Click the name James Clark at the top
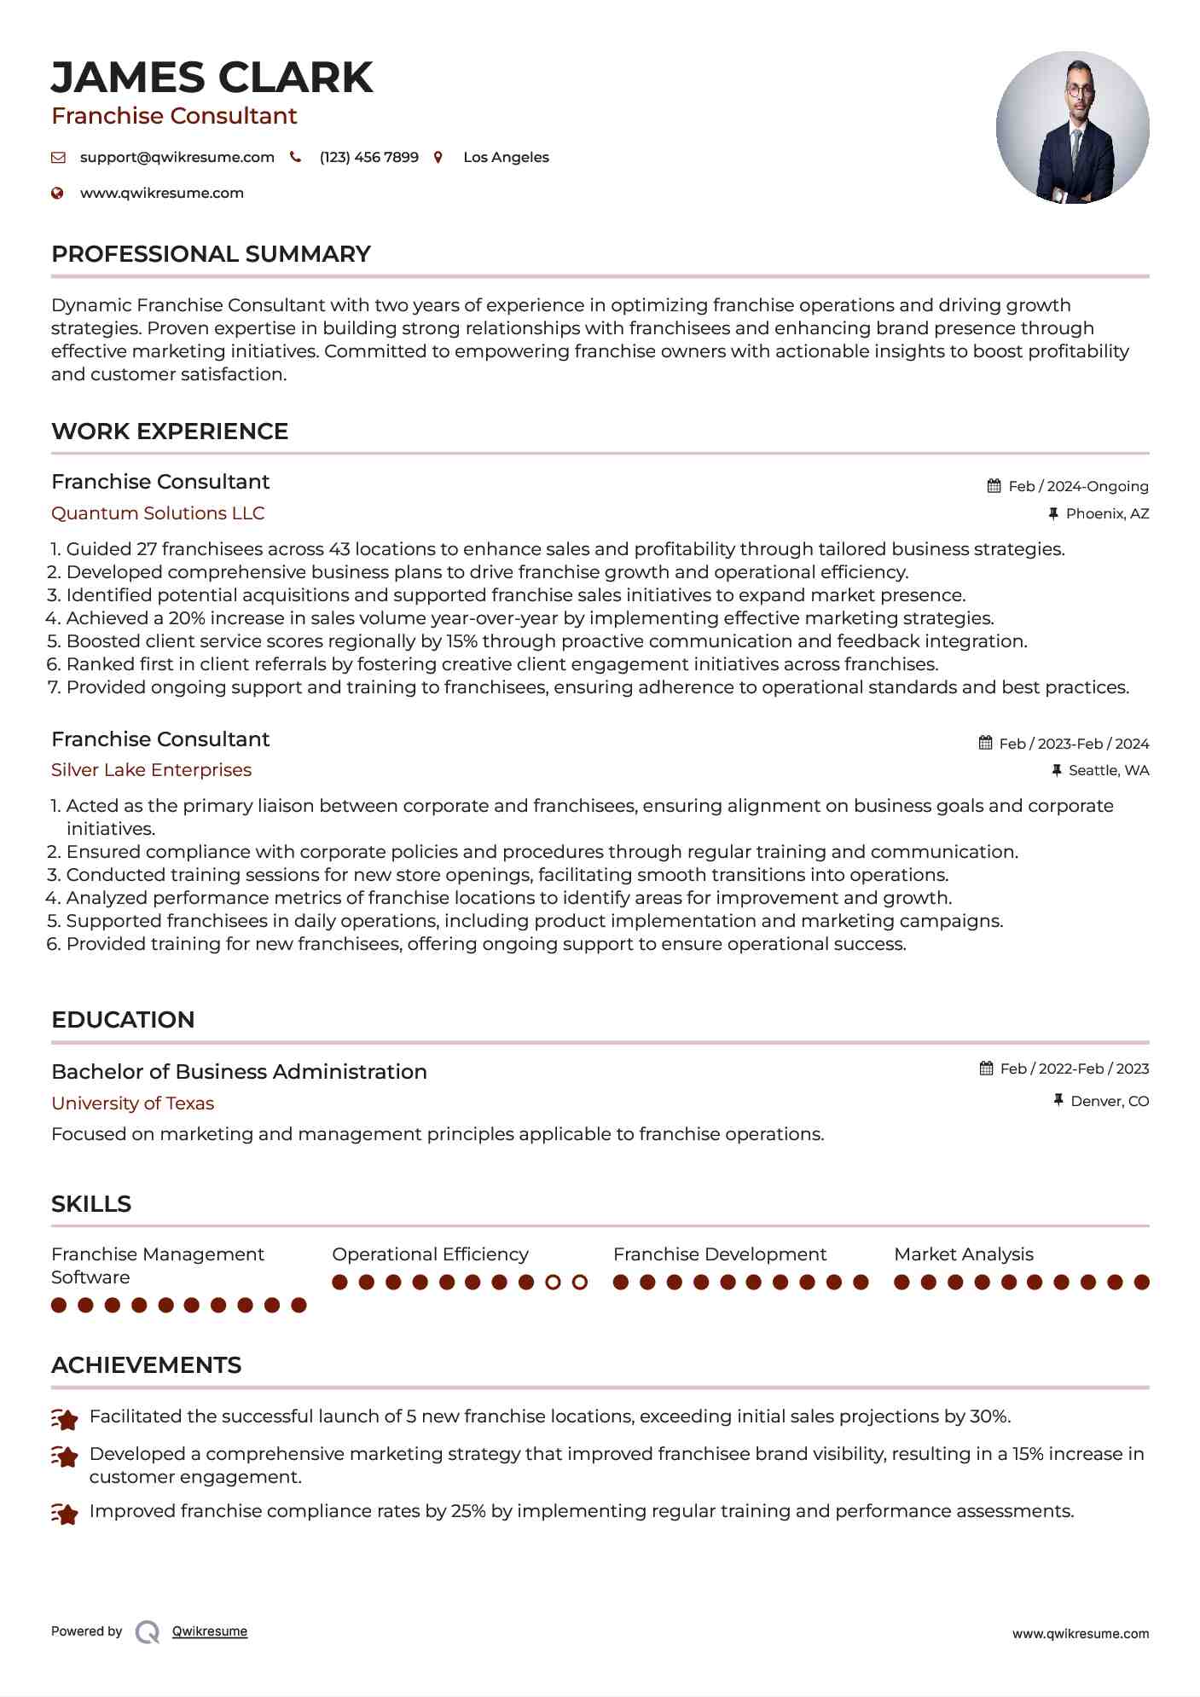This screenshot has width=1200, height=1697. (212, 78)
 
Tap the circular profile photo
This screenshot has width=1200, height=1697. (1072, 127)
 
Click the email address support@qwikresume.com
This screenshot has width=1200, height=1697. (177, 157)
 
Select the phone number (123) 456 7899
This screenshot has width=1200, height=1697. (368, 157)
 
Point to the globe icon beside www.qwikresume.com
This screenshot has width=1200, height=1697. (58, 193)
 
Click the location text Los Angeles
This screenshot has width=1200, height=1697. (506, 157)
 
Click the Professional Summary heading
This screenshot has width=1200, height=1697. (211, 254)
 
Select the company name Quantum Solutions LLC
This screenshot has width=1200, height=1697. (158, 513)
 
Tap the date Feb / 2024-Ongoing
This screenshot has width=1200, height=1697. (1078, 486)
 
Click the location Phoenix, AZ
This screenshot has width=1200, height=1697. (1107, 513)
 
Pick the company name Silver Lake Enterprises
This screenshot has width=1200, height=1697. (151, 770)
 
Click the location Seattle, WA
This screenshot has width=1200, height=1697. (1109, 770)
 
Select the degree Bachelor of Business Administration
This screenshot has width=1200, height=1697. (239, 1072)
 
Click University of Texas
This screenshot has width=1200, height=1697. (132, 1103)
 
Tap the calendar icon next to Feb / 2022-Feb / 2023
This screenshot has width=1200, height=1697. (987, 1069)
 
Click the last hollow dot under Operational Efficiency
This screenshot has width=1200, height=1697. (580, 1282)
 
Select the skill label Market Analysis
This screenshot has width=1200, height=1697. (964, 1254)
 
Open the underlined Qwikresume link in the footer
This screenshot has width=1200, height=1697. (210, 1631)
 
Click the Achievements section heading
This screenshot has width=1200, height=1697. (146, 1365)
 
